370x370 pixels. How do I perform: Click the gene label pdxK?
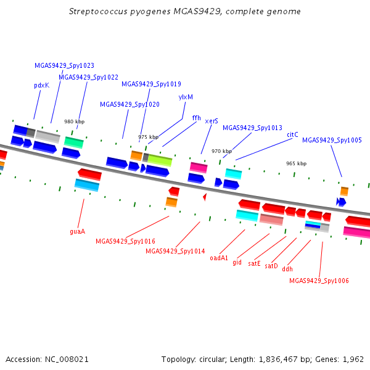42,86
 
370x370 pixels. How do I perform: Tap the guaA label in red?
78,231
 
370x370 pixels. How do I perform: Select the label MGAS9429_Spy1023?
64,65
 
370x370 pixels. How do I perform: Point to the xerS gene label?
212,121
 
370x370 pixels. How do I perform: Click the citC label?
292,134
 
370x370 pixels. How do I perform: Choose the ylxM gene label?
186,97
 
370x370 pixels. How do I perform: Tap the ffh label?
196,118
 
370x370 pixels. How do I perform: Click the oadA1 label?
219,258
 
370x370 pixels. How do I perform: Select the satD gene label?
271,266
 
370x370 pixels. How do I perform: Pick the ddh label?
287,269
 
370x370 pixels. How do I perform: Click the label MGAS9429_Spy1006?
319,281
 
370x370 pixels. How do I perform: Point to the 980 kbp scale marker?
75,121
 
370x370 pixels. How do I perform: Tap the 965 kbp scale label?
297,163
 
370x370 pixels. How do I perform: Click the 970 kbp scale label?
221,151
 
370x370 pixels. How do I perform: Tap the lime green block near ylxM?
160,160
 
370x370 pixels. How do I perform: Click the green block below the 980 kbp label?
74,142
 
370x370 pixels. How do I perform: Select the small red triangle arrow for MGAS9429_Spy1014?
205,197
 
